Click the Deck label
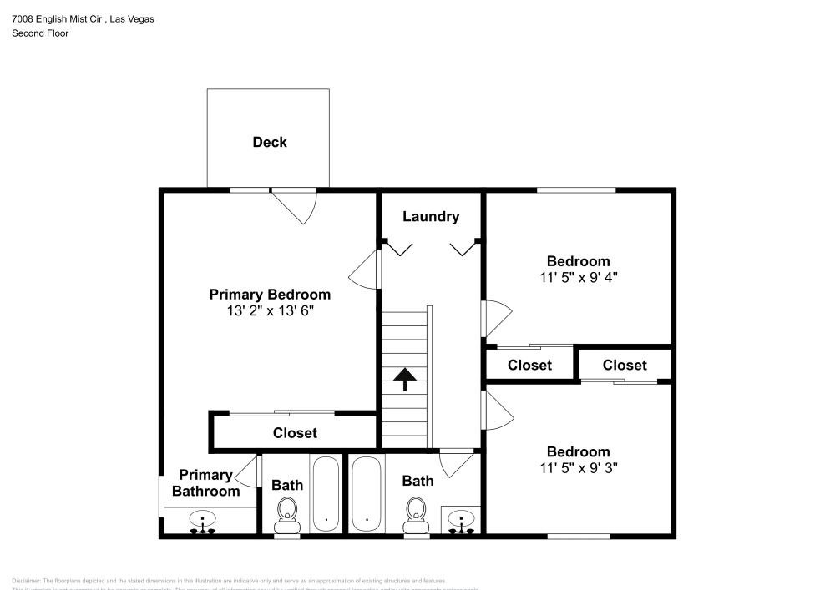[269, 142]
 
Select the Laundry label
[431, 217]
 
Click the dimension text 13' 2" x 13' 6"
[270, 310]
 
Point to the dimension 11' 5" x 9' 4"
[578, 277]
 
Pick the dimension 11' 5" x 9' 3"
[578, 468]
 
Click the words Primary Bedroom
[270, 295]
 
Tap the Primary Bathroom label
[205, 483]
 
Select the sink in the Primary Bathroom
[202, 521]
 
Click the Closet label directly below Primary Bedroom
[295, 433]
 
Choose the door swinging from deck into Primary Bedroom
[295, 205]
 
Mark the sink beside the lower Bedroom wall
[461, 520]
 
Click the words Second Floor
[40, 33]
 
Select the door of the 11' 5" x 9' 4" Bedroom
[495, 319]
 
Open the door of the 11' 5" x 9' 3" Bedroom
[495, 410]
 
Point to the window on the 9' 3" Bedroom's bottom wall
[578, 535]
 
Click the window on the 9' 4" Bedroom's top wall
[576, 190]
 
